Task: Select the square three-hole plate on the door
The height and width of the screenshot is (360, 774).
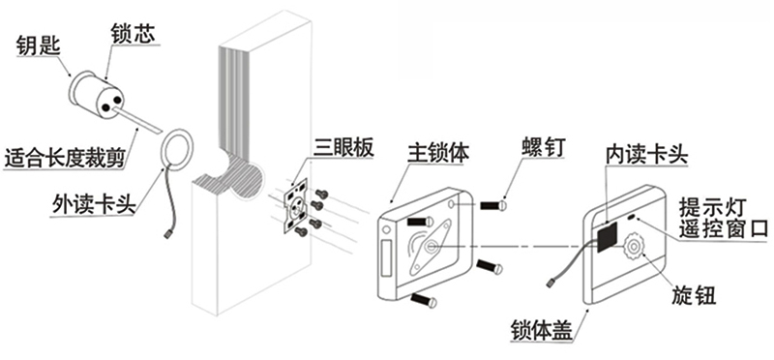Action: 296,209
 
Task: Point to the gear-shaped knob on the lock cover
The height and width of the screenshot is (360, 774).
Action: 635,246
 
